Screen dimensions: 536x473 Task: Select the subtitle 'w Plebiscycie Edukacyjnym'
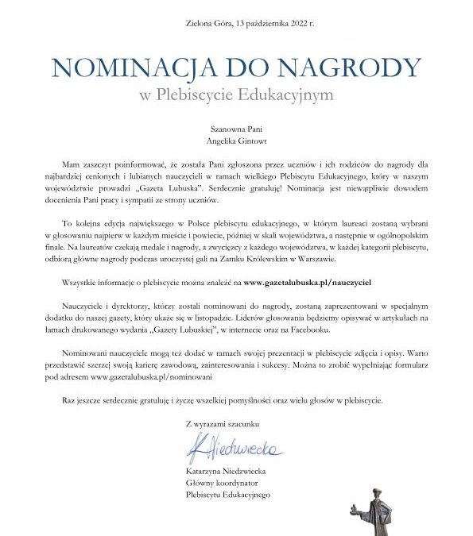(236, 95)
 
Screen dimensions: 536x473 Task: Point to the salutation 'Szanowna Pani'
(236, 126)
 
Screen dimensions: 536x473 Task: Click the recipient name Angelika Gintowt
(236, 140)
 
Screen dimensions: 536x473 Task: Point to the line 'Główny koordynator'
(218, 483)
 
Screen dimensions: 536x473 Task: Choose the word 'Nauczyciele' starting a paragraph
(83, 306)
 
